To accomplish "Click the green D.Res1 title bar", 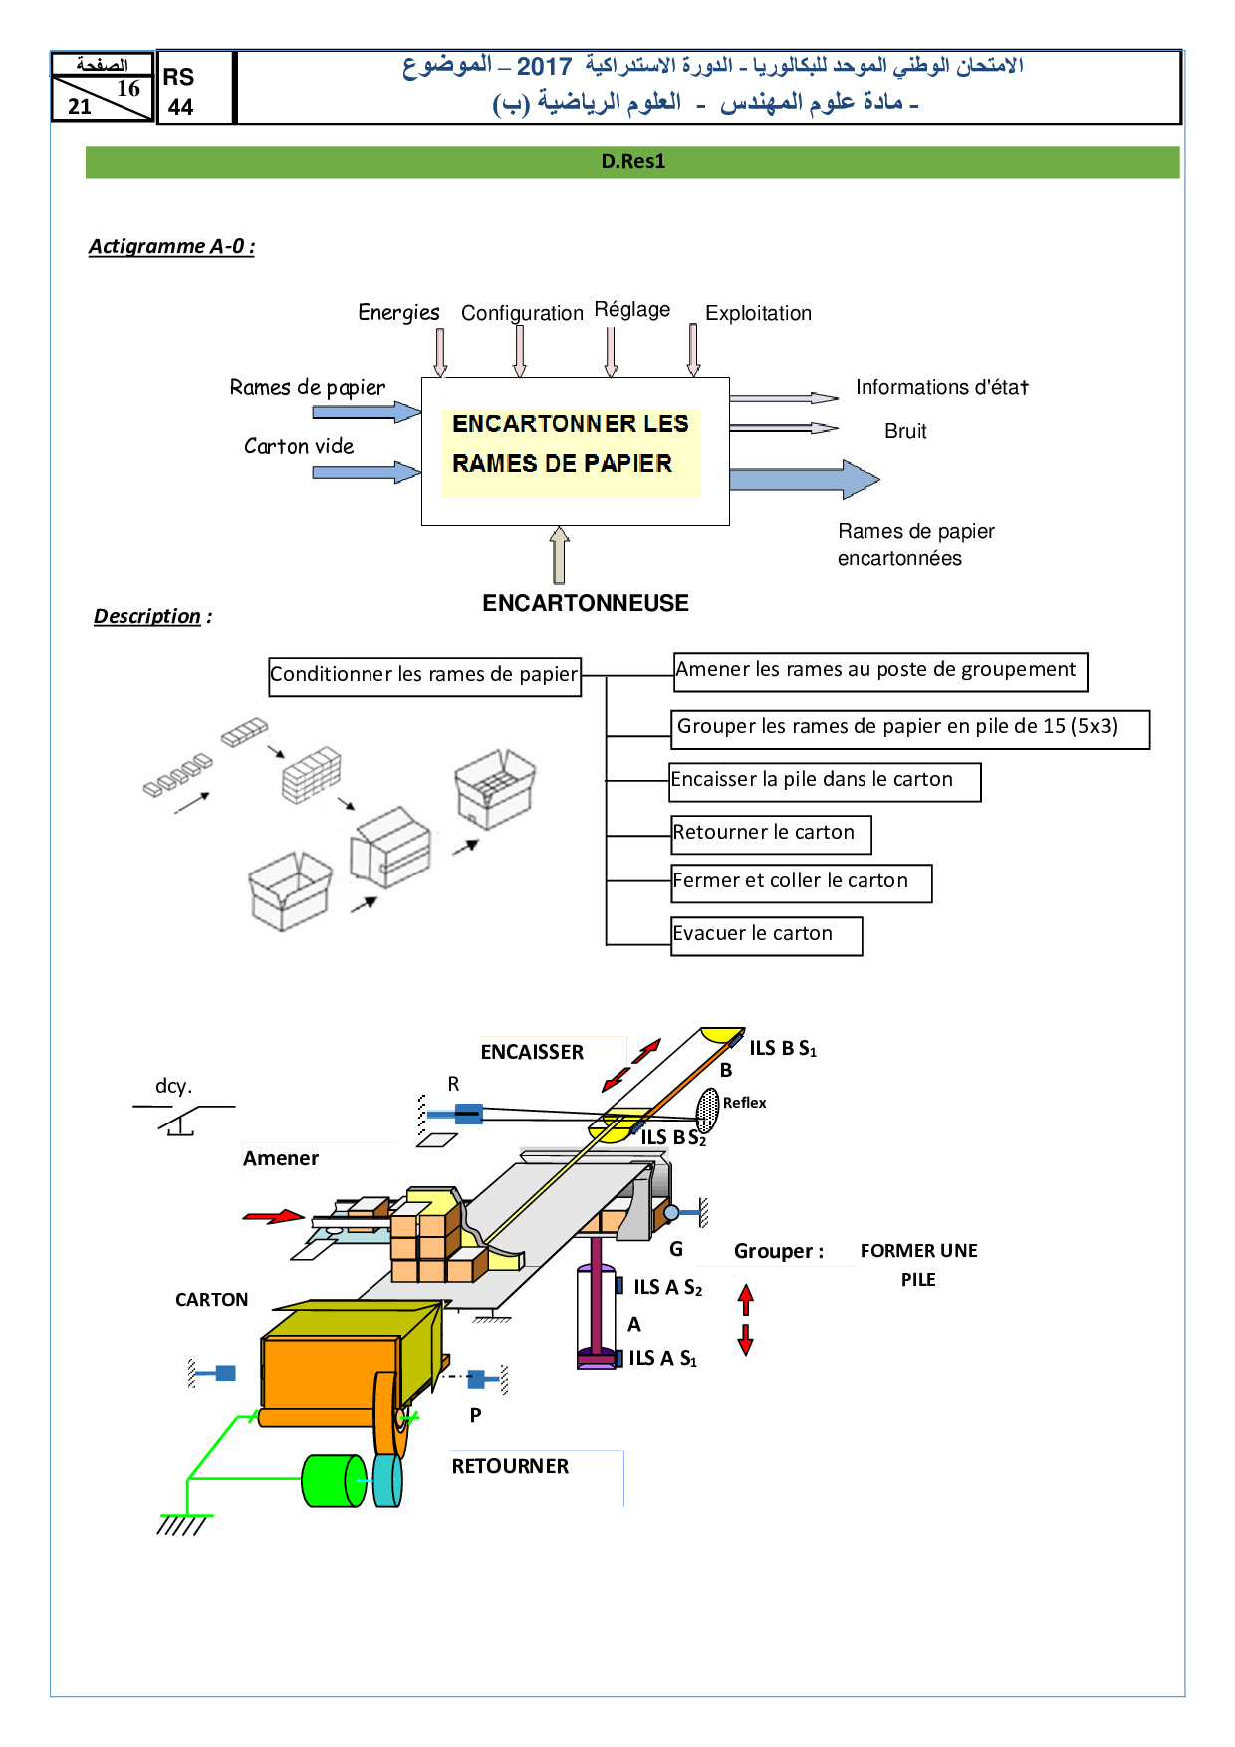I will tap(632, 162).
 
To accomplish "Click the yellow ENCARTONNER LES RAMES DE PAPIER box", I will tap(570, 445).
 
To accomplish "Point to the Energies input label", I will tap(398, 313).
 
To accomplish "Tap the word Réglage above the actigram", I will tap(631, 309).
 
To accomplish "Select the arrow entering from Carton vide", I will tap(367, 472).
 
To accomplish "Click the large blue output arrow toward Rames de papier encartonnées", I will tap(803, 480).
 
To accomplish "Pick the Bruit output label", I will tap(905, 431).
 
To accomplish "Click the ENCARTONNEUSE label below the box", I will tap(586, 603).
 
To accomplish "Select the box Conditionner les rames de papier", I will tap(424, 675).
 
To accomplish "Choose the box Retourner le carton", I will tap(771, 834).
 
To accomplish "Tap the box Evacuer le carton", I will tap(766, 935).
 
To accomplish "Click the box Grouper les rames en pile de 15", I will tap(909, 728).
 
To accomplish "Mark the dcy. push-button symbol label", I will tap(174, 1086).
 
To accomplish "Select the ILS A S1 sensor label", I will tap(662, 1358).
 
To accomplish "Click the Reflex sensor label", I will tap(744, 1103).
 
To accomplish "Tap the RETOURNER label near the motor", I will tap(510, 1466).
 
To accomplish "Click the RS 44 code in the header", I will tap(179, 92).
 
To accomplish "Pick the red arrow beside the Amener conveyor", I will tap(274, 1216).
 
